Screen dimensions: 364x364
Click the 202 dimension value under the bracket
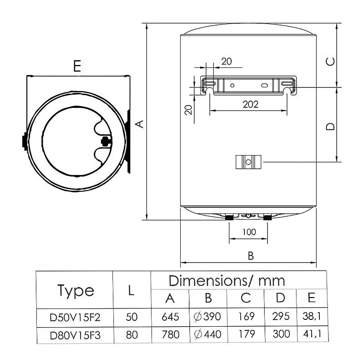(251, 105)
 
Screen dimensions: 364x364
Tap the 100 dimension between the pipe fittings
(249, 232)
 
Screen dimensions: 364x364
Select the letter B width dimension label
(251, 256)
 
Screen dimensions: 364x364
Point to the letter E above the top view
(77, 66)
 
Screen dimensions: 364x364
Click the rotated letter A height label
(140, 124)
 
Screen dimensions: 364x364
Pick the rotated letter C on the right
(330, 62)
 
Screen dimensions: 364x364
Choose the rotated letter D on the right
(330, 126)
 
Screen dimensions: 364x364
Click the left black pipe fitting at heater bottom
(229, 217)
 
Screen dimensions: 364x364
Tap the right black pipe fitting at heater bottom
(268, 217)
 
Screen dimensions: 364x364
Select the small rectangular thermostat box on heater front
(248, 162)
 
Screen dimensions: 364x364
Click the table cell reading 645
(170, 317)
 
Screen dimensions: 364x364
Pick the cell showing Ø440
(207, 334)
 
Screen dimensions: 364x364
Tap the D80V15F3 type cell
(75, 335)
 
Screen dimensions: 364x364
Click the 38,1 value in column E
(312, 316)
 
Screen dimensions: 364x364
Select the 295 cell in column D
(281, 316)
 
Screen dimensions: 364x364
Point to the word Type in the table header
(76, 290)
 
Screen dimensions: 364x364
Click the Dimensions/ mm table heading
(227, 281)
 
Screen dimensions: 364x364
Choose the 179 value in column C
(247, 334)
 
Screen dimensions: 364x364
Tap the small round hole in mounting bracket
(232, 86)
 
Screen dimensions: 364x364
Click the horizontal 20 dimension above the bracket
(226, 61)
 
